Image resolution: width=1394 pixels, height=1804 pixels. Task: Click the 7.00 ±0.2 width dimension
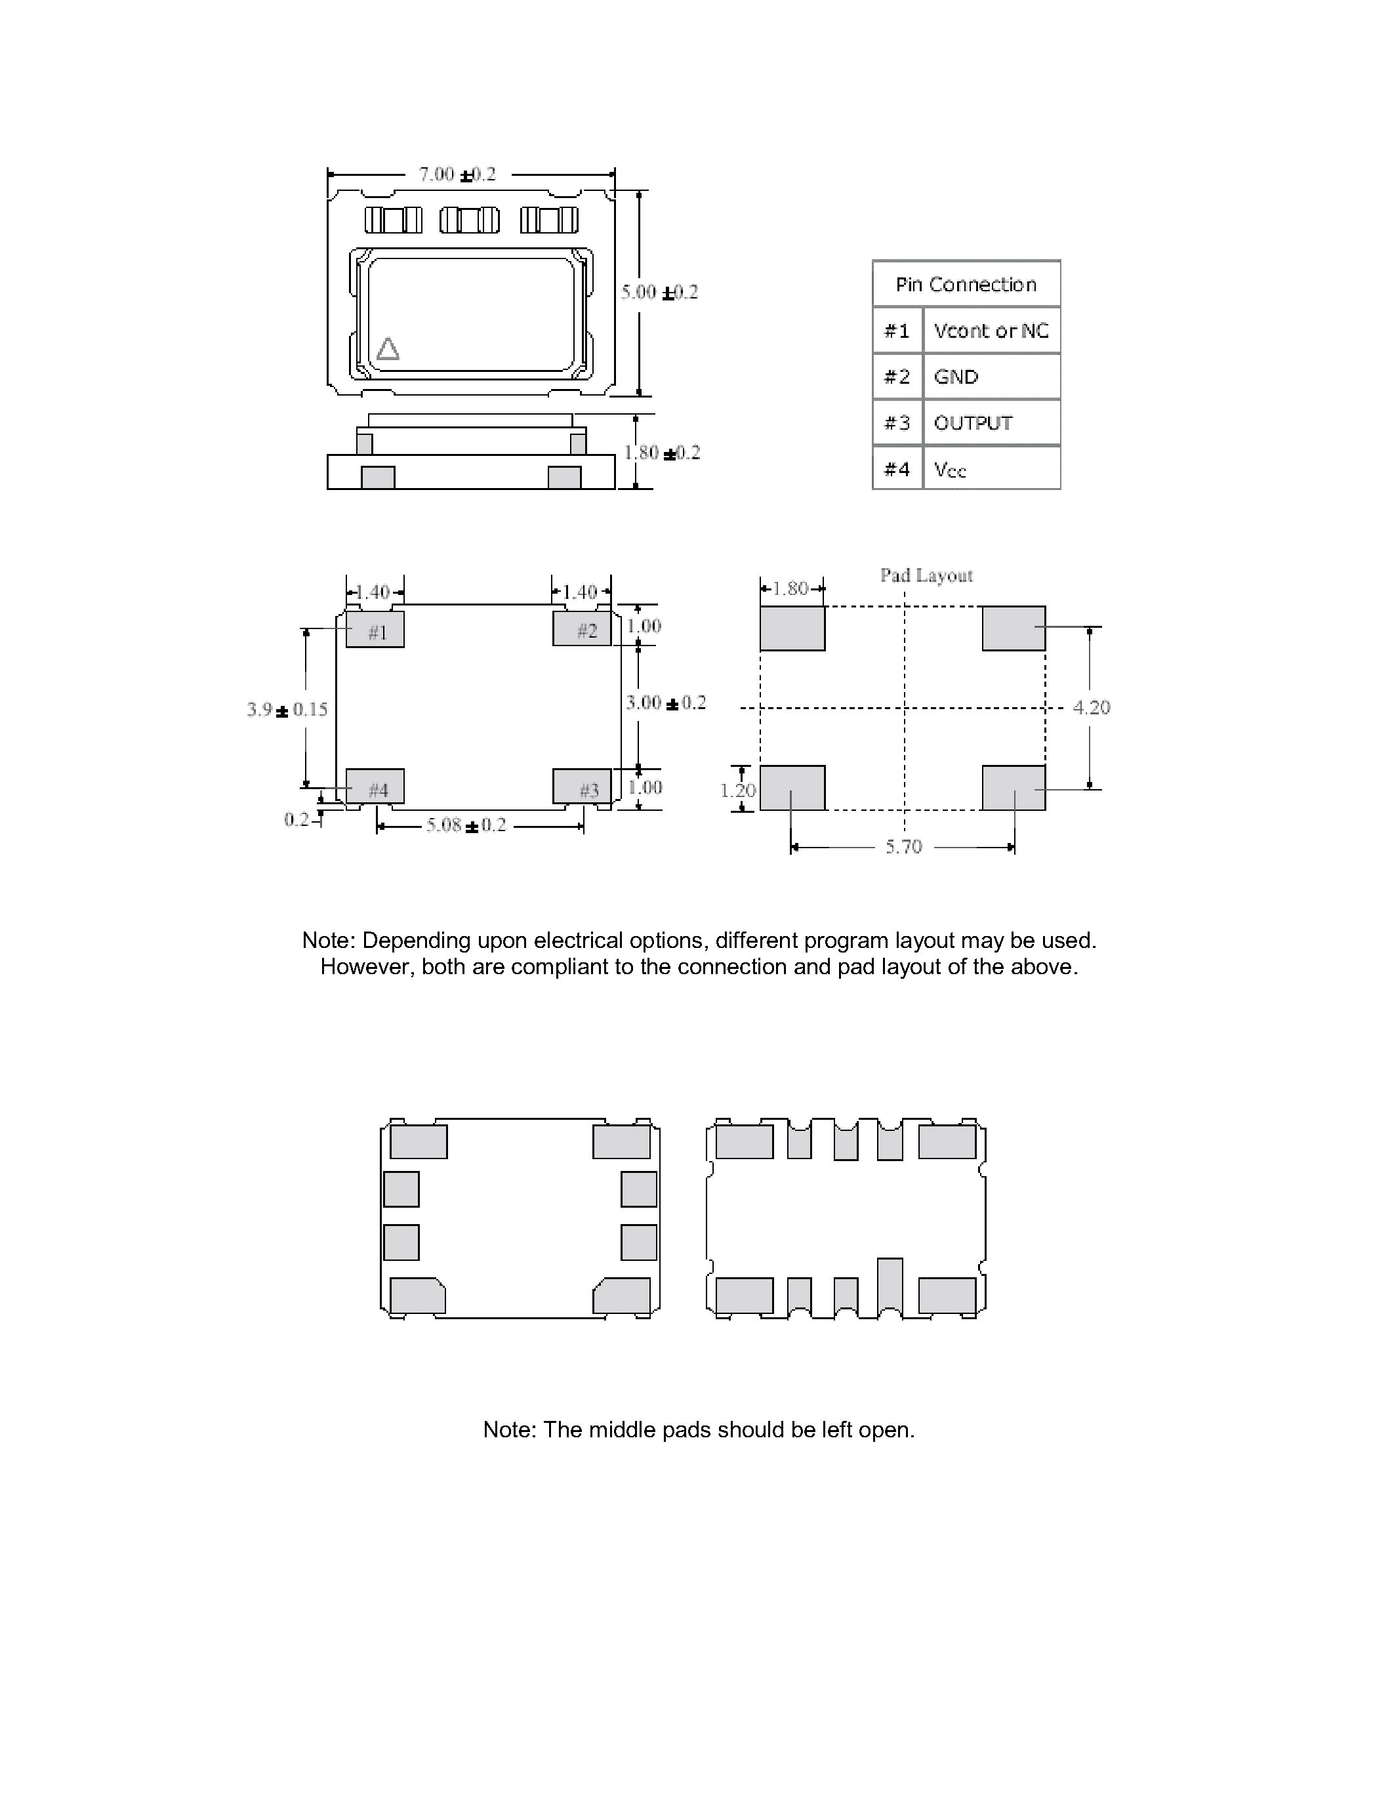click(457, 174)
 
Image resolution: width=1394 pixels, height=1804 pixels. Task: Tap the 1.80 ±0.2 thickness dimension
click(661, 453)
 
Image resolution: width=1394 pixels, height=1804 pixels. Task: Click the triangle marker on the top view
click(387, 350)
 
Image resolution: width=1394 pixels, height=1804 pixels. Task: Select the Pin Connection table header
click(966, 284)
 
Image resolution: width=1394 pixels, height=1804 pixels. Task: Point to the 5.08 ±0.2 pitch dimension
click(466, 825)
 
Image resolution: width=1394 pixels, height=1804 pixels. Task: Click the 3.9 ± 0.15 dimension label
click(287, 710)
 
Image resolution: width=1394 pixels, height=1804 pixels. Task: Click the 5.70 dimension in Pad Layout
click(903, 847)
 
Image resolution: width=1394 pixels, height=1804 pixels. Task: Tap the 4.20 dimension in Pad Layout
click(1091, 708)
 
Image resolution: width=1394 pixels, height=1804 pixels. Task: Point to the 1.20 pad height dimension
click(737, 790)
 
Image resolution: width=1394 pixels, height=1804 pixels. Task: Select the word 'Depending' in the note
click(409, 941)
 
